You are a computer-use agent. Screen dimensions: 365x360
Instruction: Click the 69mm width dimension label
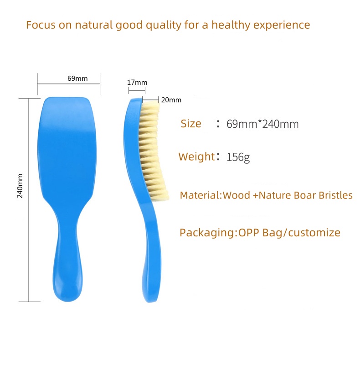[x=77, y=78]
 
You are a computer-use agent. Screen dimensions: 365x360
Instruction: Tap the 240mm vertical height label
[x=20, y=186]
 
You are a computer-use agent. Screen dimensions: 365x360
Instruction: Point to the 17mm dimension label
[x=137, y=83]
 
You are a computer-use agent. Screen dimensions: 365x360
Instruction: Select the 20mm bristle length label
[x=171, y=100]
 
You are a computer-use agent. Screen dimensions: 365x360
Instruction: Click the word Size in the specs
[x=190, y=124]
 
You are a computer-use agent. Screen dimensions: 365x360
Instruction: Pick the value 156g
[x=238, y=158]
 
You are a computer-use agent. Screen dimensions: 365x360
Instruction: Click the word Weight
[x=196, y=157]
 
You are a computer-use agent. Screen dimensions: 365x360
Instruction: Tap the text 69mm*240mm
[x=262, y=124]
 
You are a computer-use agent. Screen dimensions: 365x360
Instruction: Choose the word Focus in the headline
[x=41, y=25]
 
